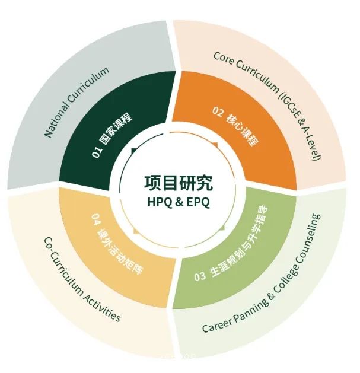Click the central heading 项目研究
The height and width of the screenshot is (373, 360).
tap(179, 183)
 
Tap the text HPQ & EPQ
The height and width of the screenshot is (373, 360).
tap(179, 202)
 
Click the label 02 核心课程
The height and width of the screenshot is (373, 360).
tap(235, 127)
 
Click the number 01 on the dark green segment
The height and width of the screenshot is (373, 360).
tap(97, 152)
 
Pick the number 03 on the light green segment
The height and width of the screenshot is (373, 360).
tap(199, 276)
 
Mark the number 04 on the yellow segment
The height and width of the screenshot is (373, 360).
tap(96, 219)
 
